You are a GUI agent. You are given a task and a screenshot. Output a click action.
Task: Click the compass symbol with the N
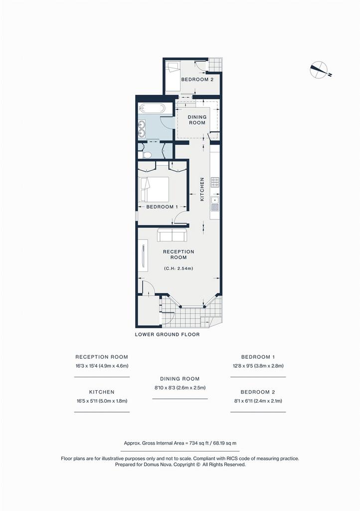tap(319, 70)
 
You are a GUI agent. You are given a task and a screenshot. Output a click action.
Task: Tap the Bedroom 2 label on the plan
tap(197, 79)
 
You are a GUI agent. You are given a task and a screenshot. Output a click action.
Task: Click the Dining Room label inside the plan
tap(197, 120)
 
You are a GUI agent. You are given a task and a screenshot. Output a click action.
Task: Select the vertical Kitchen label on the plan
tap(202, 189)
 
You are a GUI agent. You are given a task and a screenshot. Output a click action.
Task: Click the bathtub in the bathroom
tap(152, 109)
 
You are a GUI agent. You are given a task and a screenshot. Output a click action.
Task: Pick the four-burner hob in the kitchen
tap(215, 183)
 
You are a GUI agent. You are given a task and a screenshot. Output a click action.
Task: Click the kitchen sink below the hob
tap(215, 203)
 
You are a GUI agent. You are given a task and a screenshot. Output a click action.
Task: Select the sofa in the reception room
tap(172, 235)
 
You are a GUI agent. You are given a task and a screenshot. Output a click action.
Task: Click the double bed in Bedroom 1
tap(154, 189)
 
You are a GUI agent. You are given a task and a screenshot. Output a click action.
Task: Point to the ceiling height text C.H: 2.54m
tap(179, 268)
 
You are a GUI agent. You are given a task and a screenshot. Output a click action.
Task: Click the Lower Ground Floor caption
tap(168, 334)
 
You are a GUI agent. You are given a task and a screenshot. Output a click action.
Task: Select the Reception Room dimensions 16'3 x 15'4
tap(102, 366)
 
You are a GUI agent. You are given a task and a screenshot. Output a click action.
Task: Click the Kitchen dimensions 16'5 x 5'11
tap(102, 401)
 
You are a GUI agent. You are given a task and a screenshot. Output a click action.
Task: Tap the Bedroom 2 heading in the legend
tap(258, 392)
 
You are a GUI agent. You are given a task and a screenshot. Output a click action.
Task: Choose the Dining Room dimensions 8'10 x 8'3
tap(180, 388)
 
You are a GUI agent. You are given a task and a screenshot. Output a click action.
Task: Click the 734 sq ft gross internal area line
tap(180, 443)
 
